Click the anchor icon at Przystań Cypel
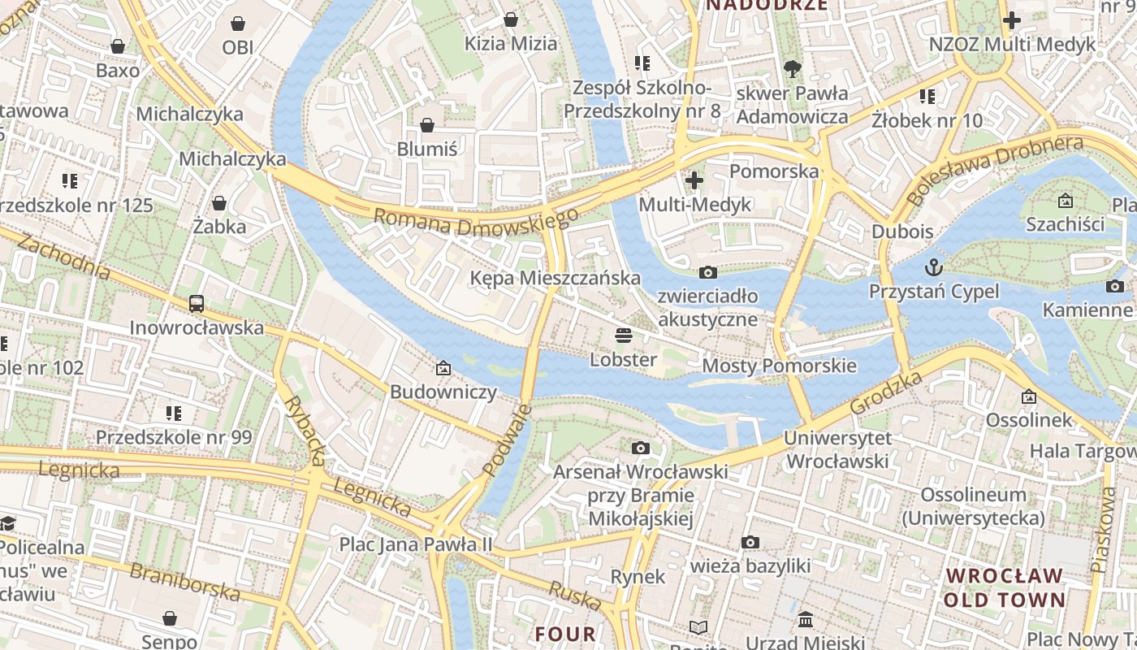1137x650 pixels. [x=934, y=266]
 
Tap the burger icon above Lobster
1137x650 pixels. [x=624, y=335]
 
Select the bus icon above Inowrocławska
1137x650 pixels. [x=197, y=304]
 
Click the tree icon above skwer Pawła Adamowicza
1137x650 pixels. [x=792, y=69]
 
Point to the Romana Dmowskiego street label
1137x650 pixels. [x=477, y=222]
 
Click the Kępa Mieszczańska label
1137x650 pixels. [x=556, y=278]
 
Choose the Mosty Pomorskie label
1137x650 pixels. [x=779, y=365]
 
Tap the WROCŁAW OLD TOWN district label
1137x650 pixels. [x=1005, y=587]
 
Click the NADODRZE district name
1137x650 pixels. [x=767, y=5]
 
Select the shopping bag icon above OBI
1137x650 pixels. [x=238, y=24]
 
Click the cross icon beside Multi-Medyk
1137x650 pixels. [x=694, y=180]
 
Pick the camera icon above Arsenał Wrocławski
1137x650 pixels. [x=641, y=448]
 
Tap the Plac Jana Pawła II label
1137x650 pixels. [x=416, y=544]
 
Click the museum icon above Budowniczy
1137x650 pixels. [x=443, y=368]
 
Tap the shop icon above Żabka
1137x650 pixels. [x=219, y=203]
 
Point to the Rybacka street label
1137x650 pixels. [x=305, y=431]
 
